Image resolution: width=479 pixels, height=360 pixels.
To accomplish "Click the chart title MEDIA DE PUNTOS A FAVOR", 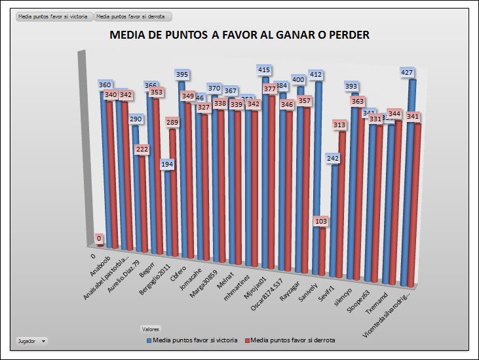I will pos(239,35).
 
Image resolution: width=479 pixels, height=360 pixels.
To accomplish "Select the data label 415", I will pos(265,70).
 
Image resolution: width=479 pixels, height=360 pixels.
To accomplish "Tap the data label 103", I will pos(321,222).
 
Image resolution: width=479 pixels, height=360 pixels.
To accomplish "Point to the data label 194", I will pos(168,164).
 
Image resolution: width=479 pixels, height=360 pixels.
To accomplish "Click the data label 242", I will pos(333,158).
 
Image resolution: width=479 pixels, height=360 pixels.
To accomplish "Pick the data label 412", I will pos(316,75).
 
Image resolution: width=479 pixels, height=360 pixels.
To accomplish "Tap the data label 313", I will pos(339,125).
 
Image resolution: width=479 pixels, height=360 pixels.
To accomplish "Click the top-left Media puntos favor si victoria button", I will pos(53,16).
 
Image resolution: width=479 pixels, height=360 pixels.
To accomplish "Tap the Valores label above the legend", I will pos(151,329).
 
